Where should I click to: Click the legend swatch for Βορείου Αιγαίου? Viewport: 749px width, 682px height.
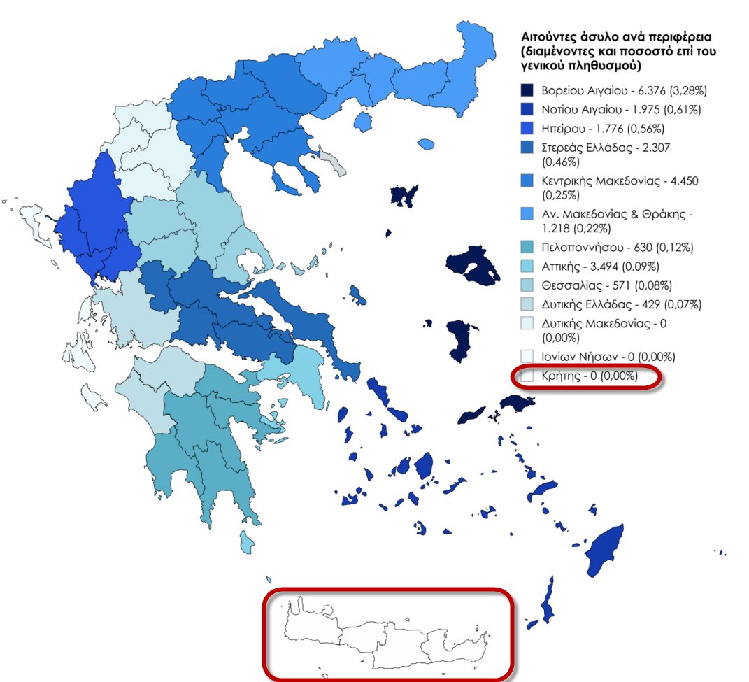pos(527,91)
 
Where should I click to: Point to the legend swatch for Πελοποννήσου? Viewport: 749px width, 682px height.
pos(527,248)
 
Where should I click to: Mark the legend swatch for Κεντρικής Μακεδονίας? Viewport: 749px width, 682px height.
pos(527,181)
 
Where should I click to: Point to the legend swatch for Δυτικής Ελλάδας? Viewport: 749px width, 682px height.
pos(527,304)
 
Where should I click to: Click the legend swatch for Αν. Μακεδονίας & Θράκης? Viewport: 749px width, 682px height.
pos(527,213)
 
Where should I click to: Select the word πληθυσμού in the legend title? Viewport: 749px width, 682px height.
pos(597,66)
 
